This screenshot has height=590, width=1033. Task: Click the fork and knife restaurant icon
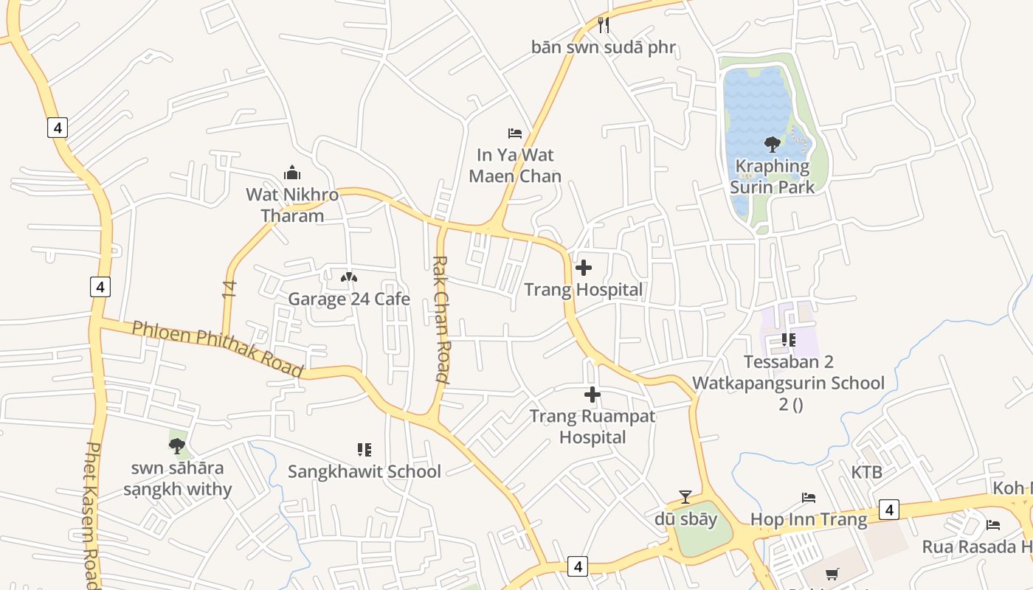[604, 25]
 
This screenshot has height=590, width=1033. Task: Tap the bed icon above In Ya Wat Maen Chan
[515, 133]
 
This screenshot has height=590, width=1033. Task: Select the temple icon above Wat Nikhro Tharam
[292, 173]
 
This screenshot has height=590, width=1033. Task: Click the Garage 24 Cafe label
[348, 299]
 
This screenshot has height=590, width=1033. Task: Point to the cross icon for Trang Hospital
[584, 268]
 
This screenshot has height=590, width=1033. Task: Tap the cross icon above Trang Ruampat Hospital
[592, 395]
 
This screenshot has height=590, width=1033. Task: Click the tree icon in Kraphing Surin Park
[772, 145]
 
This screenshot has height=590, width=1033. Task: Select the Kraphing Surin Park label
[772, 177]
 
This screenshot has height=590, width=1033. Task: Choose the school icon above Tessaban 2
[788, 340]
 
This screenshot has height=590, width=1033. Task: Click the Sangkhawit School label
[364, 471]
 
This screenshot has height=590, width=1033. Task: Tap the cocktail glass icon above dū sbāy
[685, 497]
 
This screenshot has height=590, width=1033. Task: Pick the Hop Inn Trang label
[808, 519]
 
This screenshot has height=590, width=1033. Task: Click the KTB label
[866, 472]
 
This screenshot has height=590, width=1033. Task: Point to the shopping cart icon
[832, 574]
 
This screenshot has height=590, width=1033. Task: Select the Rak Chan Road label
[441, 319]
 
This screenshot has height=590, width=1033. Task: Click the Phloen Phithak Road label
[218, 348]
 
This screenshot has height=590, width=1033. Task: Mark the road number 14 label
[229, 288]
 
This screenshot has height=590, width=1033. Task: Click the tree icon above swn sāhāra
[176, 445]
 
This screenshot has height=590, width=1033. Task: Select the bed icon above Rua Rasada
[993, 525]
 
